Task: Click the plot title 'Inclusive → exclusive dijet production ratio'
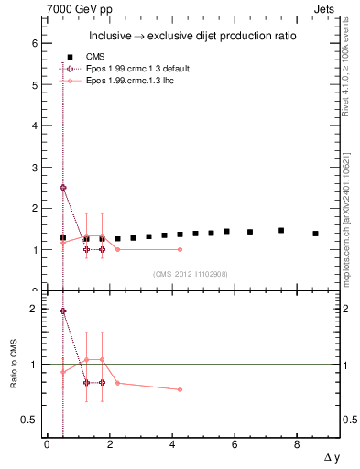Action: [x=190, y=37]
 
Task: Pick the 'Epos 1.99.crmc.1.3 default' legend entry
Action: [x=126, y=69]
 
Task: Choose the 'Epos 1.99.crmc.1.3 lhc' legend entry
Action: [x=119, y=82]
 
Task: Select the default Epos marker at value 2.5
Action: [x=62, y=188]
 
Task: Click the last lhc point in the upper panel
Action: [x=180, y=249]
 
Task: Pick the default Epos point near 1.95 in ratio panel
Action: [x=62, y=311]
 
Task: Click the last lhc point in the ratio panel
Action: [x=180, y=389]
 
